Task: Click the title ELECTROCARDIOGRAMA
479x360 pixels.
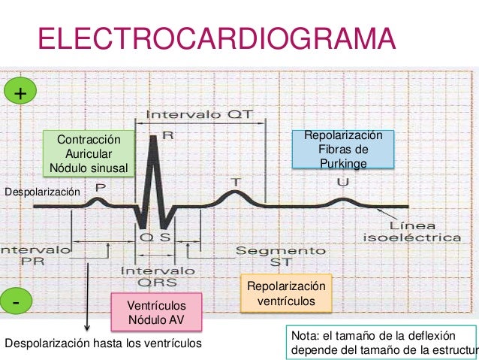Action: pos(216,38)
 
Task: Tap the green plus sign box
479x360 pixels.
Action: pos(20,93)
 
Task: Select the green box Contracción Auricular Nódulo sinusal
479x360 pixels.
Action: pos(89,153)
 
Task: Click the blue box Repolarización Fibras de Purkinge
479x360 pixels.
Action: pos(343,149)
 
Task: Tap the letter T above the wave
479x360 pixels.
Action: pos(235,183)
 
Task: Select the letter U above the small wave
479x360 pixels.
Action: pos(342,183)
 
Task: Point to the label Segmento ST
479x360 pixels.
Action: pos(281,256)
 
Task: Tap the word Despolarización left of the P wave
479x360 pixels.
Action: pos(42,193)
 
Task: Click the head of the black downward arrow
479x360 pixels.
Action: pos(88,328)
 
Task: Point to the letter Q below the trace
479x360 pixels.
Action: pos(148,237)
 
